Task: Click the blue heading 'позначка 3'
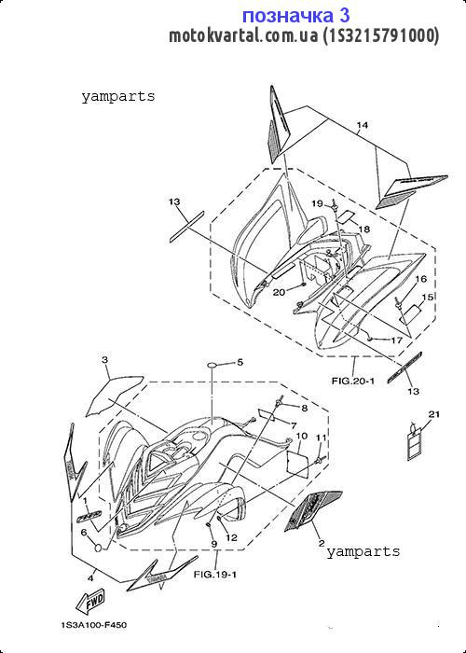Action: pyautogui.click(x=295, y=16)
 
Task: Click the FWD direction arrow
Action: pyautogui.click(x=89, y=603)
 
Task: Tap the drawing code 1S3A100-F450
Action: pyautogui.click(x=93, y=625)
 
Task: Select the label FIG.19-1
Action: pyautogui.click(x=215, y=575)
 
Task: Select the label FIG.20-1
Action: pyautogui.click(x=353, y=381)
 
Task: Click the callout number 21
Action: pyautogui.click(x=434, y=414)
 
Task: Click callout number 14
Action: pyautogui.click(x=362, y=125)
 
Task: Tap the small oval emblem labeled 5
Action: pyautogui.click(x=213, y=366)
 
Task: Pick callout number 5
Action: pyautogui.click(x=240, y=362)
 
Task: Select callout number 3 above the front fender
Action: pyautogui.click(x=104, y=359)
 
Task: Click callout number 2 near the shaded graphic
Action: pyautogui.click(x=322, y=543)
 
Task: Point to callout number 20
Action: pyautogui.click(x=279, y=292)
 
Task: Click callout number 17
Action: pyautogui.click(x=396, y=340)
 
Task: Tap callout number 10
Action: pyautogui.click(x=302, y=436)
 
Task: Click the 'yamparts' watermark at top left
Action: pyautogui.click(x=118, y=97)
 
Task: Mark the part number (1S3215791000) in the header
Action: pyautogui.click(x=380, y=35)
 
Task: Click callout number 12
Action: pyautogui.click(x=231, y=537)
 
